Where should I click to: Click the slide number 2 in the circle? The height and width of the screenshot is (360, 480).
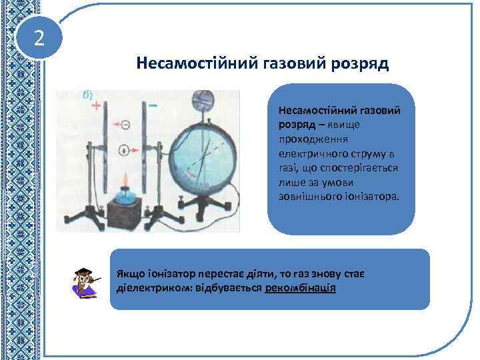(39, 39)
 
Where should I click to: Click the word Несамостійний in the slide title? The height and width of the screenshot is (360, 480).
(185, 64)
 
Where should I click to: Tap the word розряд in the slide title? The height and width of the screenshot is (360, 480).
(360, 64)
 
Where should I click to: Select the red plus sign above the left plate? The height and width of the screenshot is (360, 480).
(97, 106)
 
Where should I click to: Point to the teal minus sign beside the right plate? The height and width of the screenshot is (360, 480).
(153, 105)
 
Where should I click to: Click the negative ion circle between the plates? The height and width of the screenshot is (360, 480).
(124, 124)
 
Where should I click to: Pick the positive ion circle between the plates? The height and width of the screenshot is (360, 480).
(124, 151)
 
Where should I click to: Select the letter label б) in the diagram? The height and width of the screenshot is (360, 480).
(87, 95)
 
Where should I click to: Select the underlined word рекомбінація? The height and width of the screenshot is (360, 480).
(300, 289)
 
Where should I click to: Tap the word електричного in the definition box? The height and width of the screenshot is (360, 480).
(307, 150)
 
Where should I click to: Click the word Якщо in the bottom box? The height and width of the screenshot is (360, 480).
(129, 274)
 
